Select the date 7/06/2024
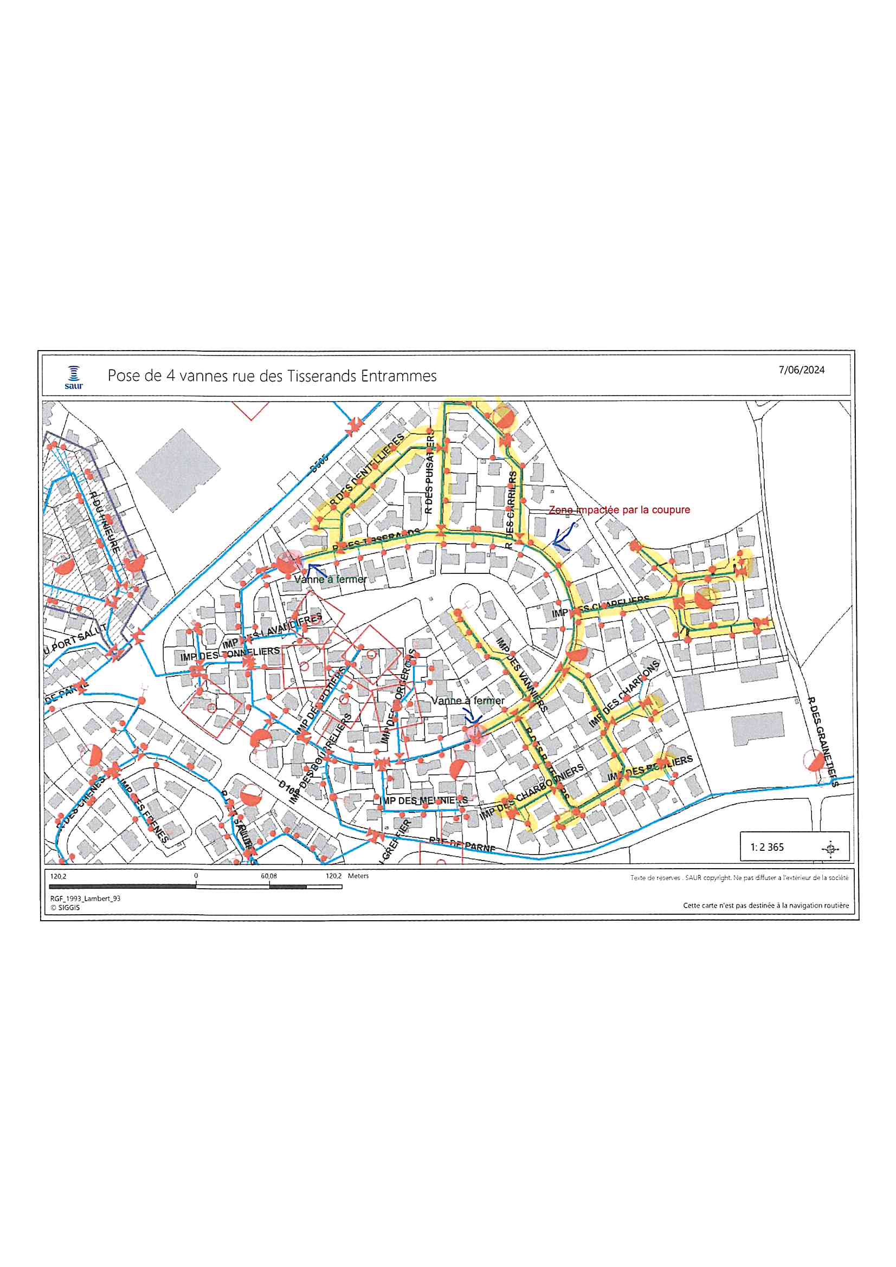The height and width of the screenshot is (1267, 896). point(802,370)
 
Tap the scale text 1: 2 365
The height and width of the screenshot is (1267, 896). point(767,847)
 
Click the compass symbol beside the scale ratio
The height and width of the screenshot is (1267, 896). point(830,848)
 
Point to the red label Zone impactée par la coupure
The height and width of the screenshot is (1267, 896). point(619,510)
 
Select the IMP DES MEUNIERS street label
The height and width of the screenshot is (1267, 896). point(423,800)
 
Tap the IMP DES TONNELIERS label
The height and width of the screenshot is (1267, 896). point(230,655)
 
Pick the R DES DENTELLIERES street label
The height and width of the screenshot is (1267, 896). point(367,471)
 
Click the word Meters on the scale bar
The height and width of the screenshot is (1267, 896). point(358,876)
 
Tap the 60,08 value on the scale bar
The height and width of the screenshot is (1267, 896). point(269,876)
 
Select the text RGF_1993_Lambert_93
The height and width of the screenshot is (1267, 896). point(85,898)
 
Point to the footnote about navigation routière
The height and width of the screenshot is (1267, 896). point(766,906)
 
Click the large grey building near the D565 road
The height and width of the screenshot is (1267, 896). point(178,470)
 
